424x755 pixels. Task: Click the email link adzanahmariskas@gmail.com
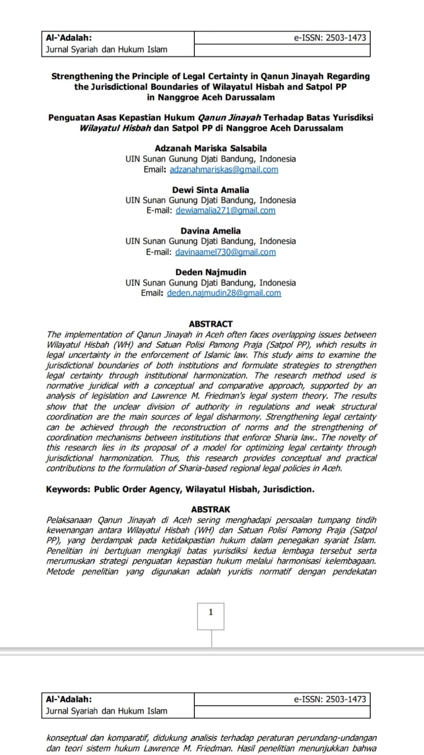(x=224, y=169)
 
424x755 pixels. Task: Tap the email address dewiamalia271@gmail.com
(x=225, y=210)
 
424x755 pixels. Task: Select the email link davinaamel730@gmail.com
(x=225, y=252)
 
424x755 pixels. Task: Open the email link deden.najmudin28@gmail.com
(x=224, y=293)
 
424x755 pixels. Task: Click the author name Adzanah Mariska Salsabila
(x=210, y=148)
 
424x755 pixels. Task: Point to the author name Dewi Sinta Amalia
(x=210, y=190)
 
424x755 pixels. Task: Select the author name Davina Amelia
(x=210, y=231)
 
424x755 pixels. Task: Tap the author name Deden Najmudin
(x=210, y=272)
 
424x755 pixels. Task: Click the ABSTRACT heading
(x=210, y=324)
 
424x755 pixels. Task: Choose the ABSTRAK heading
(x=210, y=510)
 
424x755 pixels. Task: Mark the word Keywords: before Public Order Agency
(x=68, y=489)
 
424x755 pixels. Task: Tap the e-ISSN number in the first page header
(x=330, y=38)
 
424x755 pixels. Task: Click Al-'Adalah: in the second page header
(x=69, y=699)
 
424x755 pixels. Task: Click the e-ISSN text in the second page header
(x=330, y=699)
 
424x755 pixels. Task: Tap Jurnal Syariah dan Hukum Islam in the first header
(x=107, y=50)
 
